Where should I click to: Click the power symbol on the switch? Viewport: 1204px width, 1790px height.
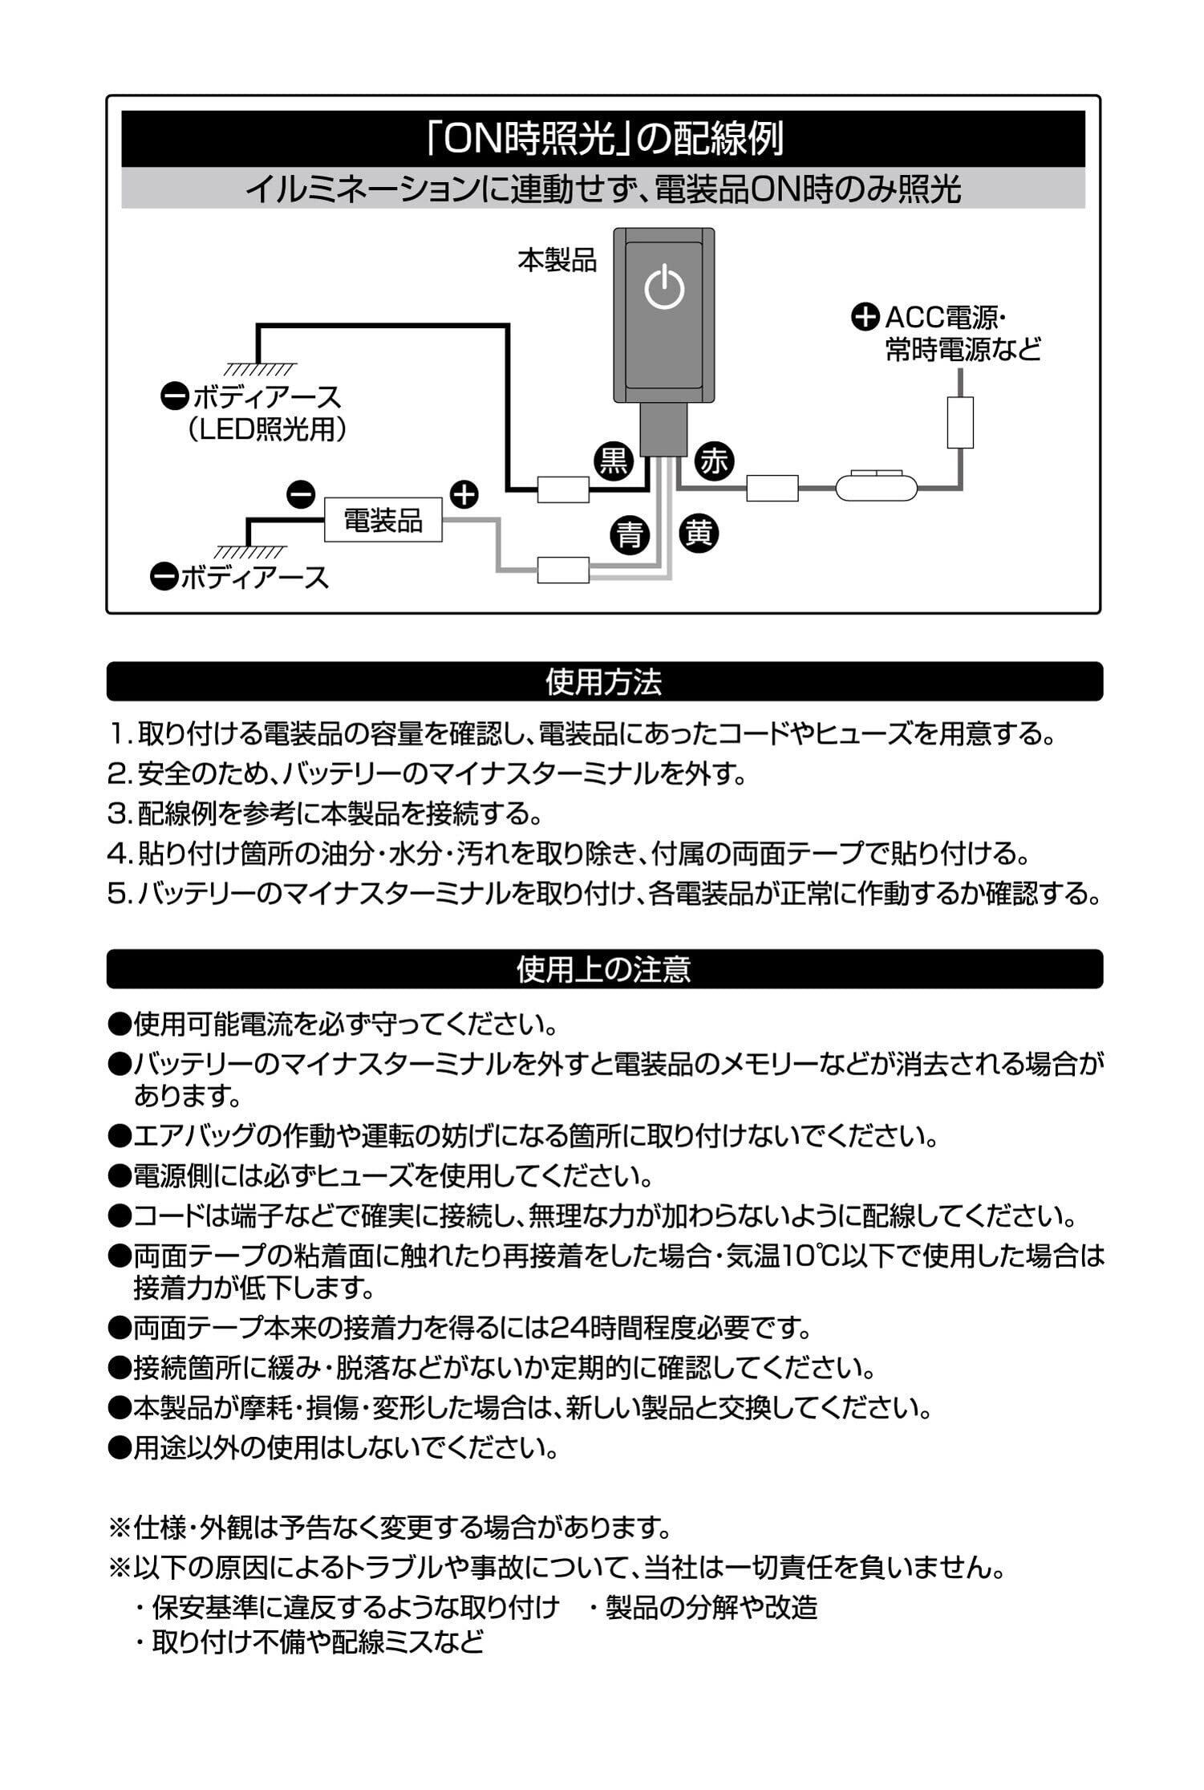coord(664,288)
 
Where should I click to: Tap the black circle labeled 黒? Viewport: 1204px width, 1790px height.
coord(614,461)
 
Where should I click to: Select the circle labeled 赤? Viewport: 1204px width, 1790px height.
coord(713,461)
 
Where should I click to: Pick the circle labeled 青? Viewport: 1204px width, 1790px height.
coord(630,534)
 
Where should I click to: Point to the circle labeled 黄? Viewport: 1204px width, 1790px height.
coord(699,533)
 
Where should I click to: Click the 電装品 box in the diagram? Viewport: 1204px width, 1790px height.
coord(383,520)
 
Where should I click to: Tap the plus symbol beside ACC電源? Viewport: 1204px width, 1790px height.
coord(865,318)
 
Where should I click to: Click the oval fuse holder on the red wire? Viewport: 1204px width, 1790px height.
coord(876,487)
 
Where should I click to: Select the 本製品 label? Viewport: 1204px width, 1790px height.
coord(557,261)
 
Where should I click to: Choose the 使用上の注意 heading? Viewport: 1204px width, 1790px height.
coord(604,969)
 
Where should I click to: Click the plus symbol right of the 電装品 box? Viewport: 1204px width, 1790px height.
coord(464,494)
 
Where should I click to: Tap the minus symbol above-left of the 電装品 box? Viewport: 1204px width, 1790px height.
coord(301,495)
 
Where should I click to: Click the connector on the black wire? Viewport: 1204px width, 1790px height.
coord(563,489)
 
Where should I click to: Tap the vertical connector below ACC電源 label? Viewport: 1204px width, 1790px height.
coord(959,423)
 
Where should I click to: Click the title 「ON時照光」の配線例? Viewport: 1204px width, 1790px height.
coord(603,140)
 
